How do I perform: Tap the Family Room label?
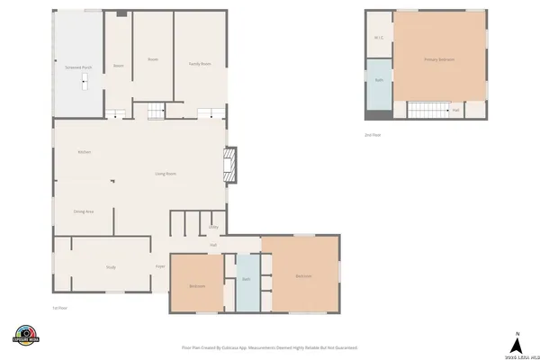coord(199,64)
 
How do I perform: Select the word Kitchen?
coord(85,152)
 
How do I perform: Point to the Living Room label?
coord(165,173)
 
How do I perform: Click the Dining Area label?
coord(84,211)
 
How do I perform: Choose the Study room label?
coord(111,266)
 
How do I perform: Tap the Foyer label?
coord(160,266)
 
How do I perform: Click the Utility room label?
coord(213,227)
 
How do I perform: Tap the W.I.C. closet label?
coord(378,37)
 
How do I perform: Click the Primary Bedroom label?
coord(439,59)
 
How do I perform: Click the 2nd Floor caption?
coord(373,135)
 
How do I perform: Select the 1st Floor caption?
coord(60,307)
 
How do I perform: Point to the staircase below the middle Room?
coord(155,111)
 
